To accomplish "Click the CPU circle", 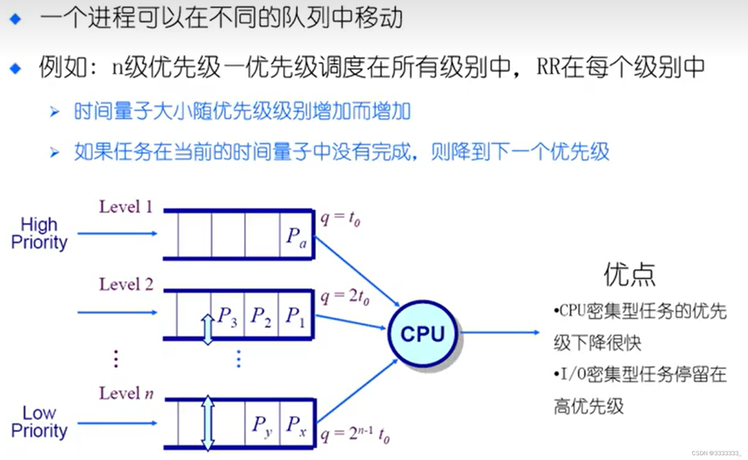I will (423, 333).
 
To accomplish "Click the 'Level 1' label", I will (126, 207).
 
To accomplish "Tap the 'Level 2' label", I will (126, 285).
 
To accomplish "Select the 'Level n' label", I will (126, 393).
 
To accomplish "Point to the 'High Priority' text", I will (39, 233).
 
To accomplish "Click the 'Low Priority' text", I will (39, 422).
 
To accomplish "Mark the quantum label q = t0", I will (340, 218).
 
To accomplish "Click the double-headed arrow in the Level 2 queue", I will (208, 329).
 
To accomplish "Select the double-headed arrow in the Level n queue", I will (208, 423).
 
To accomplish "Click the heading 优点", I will (629, 275).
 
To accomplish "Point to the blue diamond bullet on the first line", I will (16, 19).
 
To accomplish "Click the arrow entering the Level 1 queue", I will (117, 233).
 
